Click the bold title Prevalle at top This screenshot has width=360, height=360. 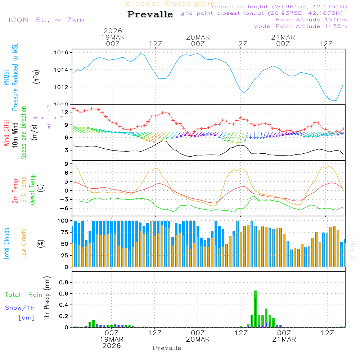(150, 15)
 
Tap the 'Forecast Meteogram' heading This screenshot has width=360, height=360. (168, 4)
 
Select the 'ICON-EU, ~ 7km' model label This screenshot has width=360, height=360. (46, 19)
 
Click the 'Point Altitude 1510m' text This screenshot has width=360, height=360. (311, 20)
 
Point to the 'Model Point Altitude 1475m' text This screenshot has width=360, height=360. (300, 26)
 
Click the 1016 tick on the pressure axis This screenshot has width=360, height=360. (61, 53)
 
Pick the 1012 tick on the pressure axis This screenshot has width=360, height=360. (61, 87)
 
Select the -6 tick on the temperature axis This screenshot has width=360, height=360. (64, 208)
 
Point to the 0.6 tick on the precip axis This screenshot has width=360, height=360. (64, 294)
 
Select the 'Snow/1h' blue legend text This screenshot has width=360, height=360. (20, 308)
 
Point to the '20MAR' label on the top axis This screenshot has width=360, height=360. (198, 37)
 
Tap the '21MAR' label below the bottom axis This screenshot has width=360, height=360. (284, 339)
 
